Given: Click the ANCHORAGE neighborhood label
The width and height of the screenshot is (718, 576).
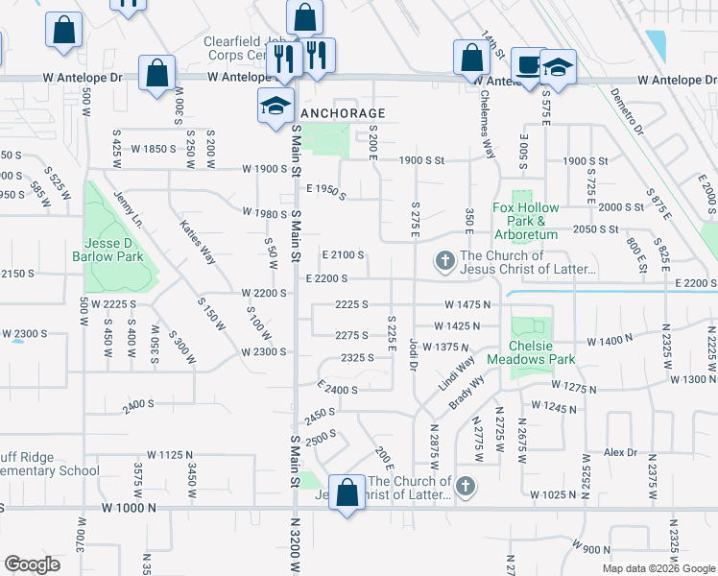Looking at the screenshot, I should pos(336,113).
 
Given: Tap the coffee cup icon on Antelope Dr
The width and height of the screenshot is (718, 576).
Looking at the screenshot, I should pos(526,64).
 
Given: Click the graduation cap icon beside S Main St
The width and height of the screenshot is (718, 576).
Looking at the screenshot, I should pos(275,105).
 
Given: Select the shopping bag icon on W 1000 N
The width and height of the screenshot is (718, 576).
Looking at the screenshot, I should pos(347,492).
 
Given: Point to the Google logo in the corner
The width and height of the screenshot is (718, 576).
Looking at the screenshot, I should pos(32,564).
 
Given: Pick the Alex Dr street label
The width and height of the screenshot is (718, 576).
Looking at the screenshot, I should pos(620,452).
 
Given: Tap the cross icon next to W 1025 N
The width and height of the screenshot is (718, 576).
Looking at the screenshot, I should pos(466,487).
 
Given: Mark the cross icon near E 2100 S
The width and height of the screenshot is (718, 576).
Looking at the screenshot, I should pos(444,261).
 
